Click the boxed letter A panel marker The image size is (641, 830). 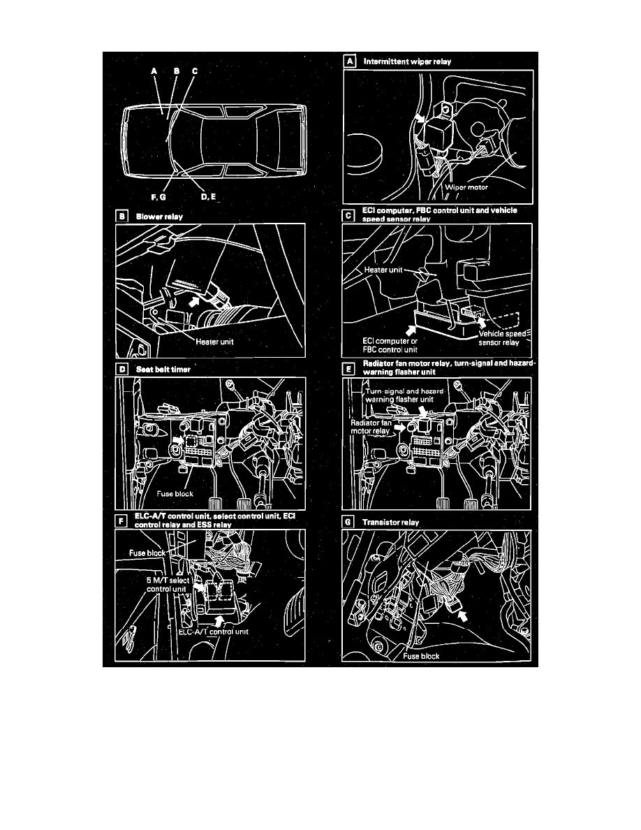(350, 61)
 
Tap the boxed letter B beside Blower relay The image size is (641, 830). (122, 216)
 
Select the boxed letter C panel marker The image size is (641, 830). (348, 215)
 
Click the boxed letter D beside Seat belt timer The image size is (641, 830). (122, 369)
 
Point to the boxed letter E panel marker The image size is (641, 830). (348, 368)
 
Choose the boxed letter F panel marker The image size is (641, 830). (121, 521)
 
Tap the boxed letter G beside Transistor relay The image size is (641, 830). (348, 522)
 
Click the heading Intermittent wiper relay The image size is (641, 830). (407, 61)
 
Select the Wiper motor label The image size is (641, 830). (466, 187)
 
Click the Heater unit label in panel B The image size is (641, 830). (215, 342)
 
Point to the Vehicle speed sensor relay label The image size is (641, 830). (502, 337)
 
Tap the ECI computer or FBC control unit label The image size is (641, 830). (390, 345)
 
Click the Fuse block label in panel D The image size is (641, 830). (175, 494)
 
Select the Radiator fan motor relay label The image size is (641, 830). (371, 427)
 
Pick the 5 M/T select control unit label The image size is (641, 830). (167, 584)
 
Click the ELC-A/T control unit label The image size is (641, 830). (213, 632)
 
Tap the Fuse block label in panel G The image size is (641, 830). (421, 656)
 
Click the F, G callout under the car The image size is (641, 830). (159, 197)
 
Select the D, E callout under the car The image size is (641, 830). (208, 196)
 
